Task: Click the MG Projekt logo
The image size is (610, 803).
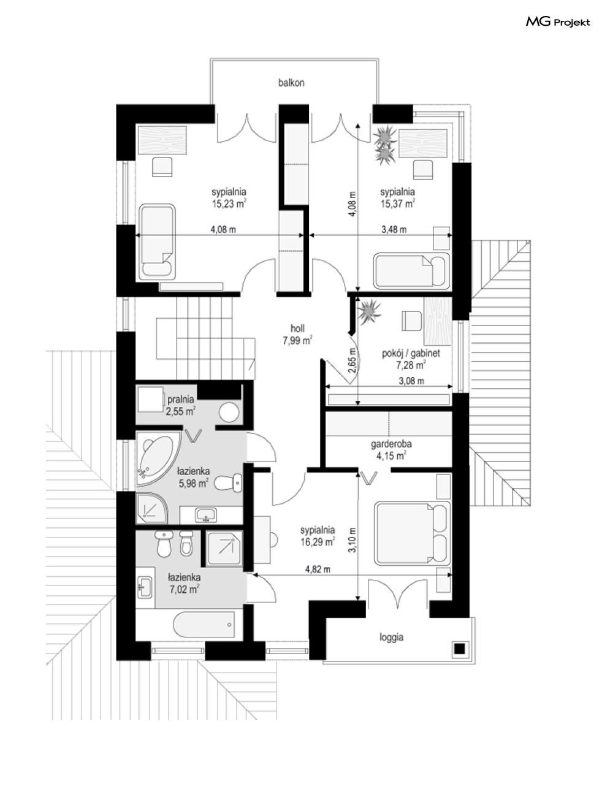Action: (558, 22)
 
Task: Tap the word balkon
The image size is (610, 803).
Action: (291, 83)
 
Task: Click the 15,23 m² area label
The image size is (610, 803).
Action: (229, 204)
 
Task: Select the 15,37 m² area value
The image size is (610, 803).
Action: (397, 204)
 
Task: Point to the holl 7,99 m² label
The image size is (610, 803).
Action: (297, 334)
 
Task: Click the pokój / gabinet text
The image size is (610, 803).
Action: (411, 354)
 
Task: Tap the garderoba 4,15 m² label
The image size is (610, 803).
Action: (391, 449)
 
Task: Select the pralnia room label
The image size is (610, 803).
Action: (181, 399)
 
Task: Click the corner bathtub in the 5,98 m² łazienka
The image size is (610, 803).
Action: (158, 458)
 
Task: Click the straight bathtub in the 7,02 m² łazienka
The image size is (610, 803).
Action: (204, 624)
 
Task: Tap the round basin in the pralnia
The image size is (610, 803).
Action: (229, 413)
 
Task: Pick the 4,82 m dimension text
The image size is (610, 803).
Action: (318, 569)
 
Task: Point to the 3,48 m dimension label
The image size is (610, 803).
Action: (394, 229)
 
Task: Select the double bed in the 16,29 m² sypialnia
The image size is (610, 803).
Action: (412, 534)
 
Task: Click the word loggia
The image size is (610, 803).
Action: (391, 637)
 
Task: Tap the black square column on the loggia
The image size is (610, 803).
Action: (460, 649)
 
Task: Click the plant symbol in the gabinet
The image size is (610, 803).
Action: (369, 311)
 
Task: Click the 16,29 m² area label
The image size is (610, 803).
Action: (318, 542)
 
